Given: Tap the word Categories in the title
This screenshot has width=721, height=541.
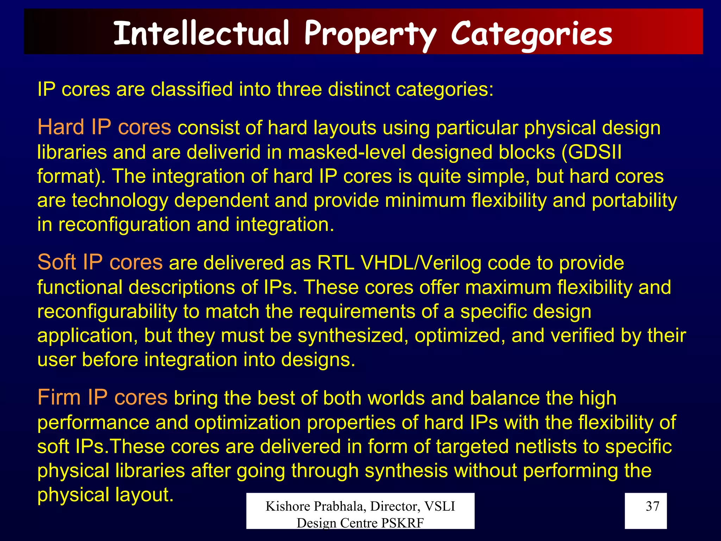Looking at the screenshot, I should (532, 34).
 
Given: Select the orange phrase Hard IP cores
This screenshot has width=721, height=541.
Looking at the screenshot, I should (104, 127).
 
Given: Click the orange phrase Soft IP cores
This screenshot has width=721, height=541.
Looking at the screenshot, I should (100, 262).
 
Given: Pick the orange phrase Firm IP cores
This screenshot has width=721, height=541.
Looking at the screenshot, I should (102, 398).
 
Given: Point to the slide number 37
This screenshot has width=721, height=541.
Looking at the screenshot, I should (652, 506).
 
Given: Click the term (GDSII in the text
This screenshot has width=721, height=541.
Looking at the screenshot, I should (591, 152).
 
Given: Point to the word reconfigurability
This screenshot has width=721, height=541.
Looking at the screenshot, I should (107, 312).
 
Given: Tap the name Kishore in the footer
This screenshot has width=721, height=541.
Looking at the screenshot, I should (287, 506).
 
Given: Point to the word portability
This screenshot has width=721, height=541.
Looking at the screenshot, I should (634, 200).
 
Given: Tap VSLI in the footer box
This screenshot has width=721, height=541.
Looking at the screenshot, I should (440, 506).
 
